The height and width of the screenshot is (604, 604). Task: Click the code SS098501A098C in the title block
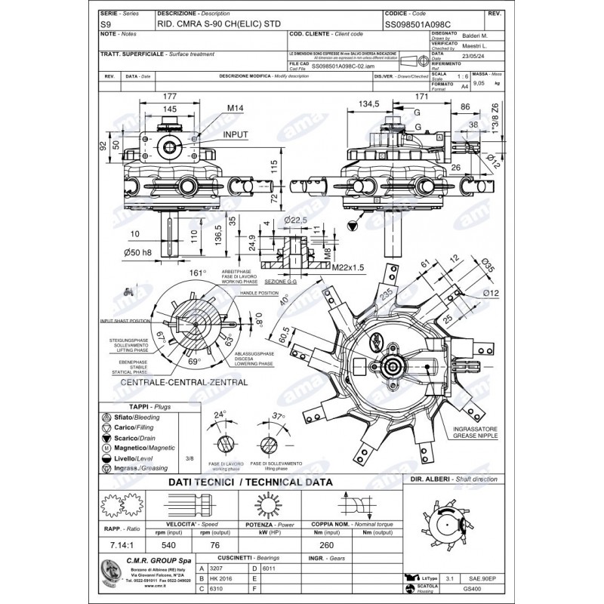coord(418,25)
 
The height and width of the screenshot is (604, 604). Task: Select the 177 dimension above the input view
coord(170,96)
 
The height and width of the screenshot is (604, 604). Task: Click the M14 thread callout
coord(237,109)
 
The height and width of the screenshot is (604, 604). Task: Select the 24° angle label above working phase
coord(219,415)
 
